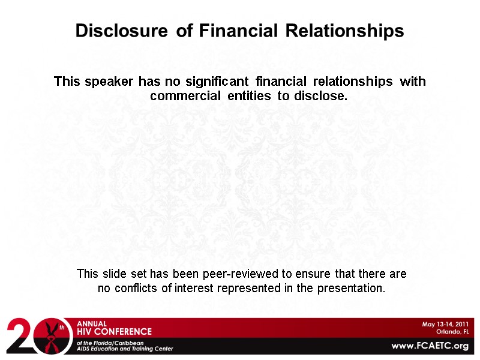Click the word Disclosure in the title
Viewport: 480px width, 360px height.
123,31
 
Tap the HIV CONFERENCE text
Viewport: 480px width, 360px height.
114,331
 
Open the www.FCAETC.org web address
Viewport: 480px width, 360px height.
430,346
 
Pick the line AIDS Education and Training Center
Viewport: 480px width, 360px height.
124,349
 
